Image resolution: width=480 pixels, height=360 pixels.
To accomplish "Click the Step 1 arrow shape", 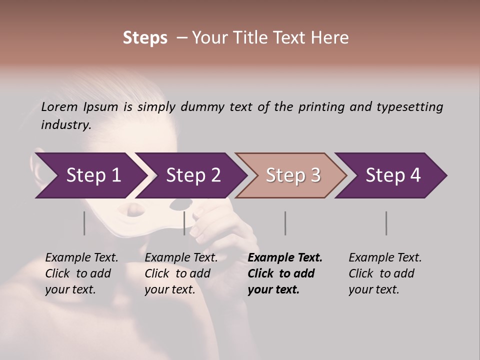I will [90, 175].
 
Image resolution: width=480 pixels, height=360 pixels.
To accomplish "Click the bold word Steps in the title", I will [145, 37].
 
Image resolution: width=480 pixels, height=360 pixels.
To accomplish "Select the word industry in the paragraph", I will [65, 124].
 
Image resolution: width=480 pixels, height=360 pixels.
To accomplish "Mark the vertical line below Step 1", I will [84, 223].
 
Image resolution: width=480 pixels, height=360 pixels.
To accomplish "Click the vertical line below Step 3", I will [285, 223].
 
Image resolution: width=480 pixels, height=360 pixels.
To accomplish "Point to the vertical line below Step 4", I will [386, 223].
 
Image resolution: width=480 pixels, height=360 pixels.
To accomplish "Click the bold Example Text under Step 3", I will [285, 258].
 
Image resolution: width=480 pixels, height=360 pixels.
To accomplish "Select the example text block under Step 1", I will [81, 273].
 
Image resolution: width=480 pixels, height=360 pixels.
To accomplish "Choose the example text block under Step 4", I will [385, 273].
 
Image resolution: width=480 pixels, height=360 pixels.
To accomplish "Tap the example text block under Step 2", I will [181, 273].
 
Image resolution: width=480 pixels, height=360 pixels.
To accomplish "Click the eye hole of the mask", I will [181, 203].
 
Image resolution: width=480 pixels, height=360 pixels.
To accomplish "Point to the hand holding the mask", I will [225, 225].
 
